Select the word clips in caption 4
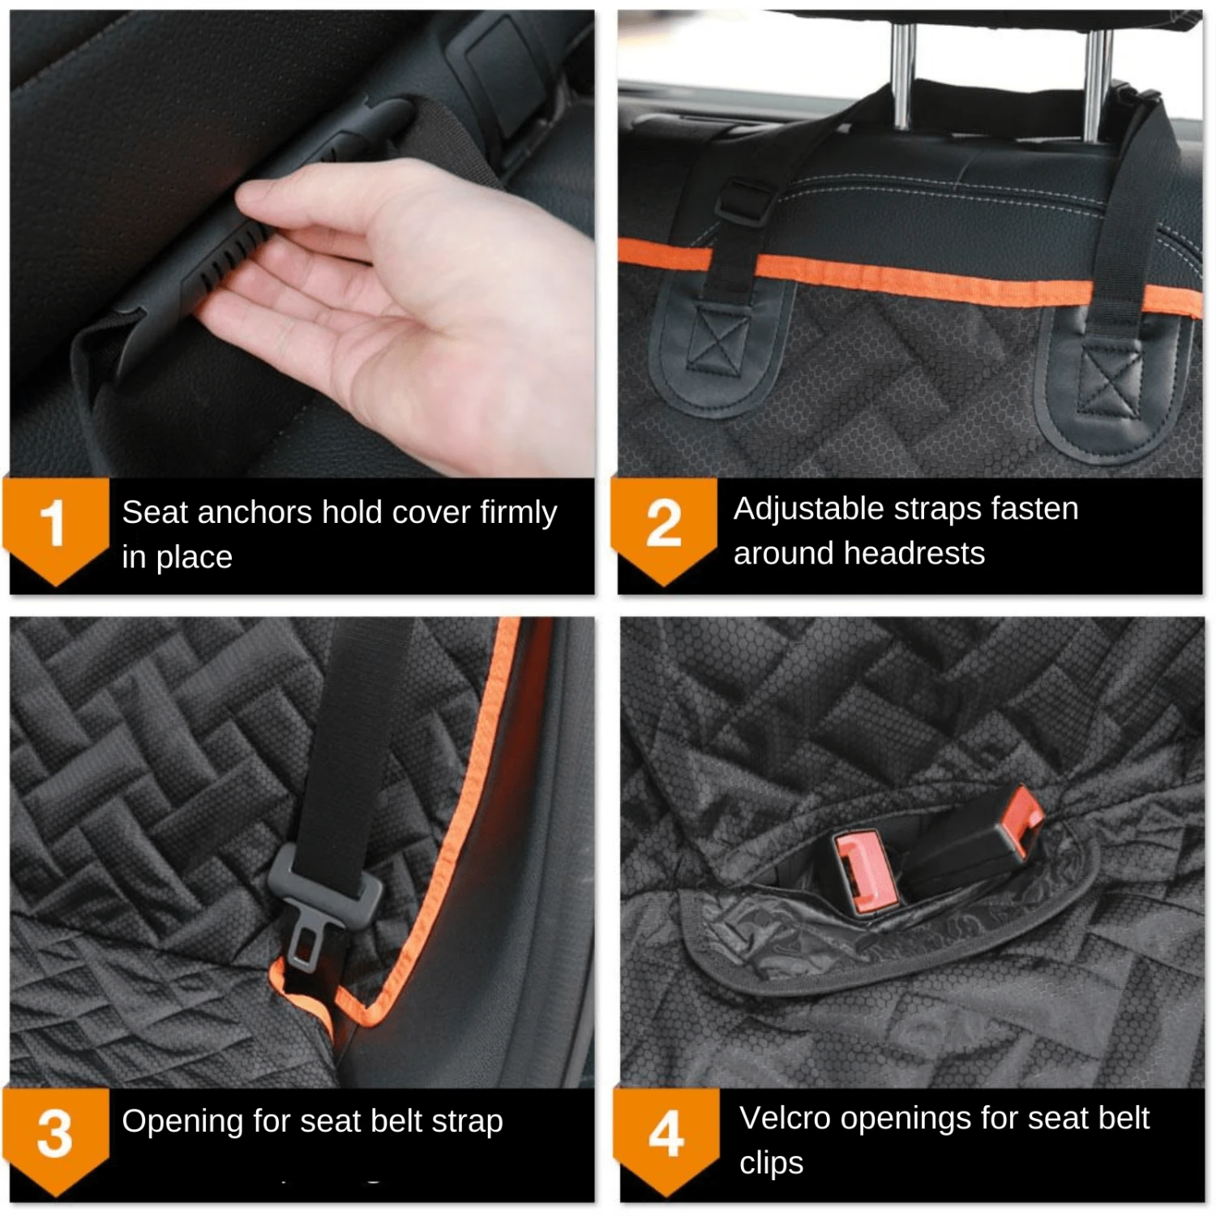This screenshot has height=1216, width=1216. pos(771,1163)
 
